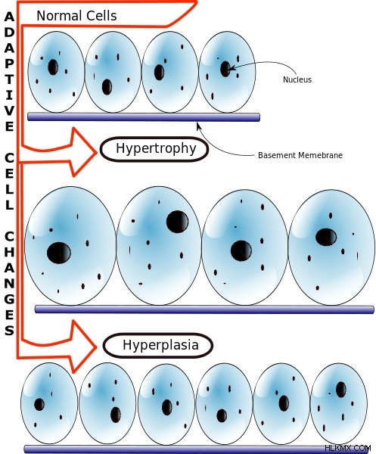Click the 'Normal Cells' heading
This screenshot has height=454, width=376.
76,16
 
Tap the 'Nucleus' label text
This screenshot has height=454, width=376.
297,79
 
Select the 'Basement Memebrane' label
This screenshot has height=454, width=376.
300,155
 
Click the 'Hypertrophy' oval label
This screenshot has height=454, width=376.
154,149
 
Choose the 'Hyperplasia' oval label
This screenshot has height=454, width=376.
158,346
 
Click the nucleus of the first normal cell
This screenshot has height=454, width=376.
53,67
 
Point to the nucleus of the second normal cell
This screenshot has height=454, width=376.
107,87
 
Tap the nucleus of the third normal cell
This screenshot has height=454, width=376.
159,73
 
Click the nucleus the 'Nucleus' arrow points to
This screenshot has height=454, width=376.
225,69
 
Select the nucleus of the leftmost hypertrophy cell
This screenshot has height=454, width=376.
59,253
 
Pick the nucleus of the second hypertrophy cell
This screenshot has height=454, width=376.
177,222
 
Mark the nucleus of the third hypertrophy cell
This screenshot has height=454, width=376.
241,250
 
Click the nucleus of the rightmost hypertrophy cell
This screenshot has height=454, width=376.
326,237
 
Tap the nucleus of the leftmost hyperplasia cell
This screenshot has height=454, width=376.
39,405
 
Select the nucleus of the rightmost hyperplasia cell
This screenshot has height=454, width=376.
340,390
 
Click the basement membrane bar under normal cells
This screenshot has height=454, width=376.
144,117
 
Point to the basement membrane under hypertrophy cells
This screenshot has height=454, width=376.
204,309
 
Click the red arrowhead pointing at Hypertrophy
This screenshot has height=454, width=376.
84,152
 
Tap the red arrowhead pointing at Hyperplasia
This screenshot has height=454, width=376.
84,347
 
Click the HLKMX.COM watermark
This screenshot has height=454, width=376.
348,448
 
